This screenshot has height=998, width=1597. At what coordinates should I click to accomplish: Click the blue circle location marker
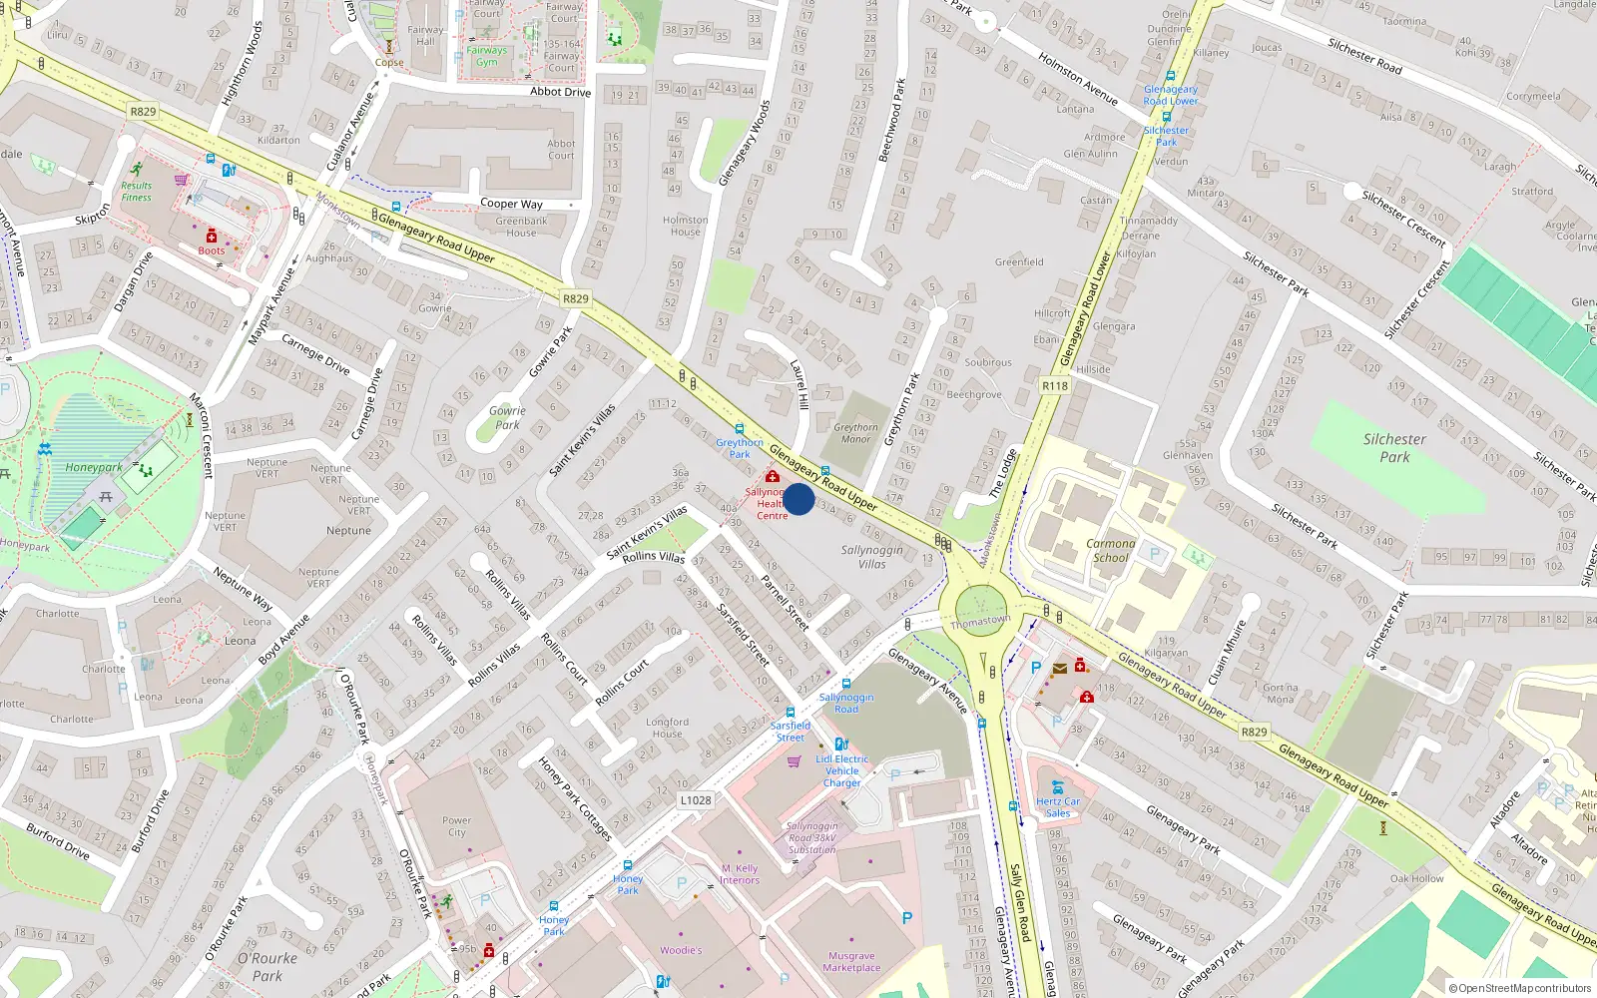point(798,499)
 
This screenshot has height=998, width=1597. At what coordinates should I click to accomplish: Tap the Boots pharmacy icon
point(211,236)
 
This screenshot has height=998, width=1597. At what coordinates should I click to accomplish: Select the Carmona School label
point(1111,551)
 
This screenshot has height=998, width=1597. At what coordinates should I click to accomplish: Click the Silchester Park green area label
point(1394,448)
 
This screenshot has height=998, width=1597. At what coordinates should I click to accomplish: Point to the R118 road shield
point(1055,386)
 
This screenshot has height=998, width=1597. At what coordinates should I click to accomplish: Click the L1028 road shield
point(696,800)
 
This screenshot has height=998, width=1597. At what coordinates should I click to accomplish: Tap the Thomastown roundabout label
point(980,621)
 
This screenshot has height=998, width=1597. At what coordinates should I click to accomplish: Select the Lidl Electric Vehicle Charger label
point(842,770)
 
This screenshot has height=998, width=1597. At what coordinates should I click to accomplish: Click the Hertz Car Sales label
point(1058,807)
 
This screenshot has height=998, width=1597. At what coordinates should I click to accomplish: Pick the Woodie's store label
point(681,950)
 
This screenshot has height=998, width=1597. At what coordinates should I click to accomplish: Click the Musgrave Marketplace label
point(851,961)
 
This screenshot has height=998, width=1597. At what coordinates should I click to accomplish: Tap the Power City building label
point(456,826)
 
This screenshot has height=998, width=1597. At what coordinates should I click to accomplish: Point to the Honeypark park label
point(94,467)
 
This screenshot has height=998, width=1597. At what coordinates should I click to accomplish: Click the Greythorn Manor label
point(855,433)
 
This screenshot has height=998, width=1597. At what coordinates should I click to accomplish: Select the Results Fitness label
point(137,192)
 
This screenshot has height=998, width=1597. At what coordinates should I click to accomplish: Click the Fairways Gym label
point(486,56)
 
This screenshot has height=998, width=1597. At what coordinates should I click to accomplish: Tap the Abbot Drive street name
point(560,92)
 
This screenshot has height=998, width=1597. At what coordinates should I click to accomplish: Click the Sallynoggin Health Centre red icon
point(772,476)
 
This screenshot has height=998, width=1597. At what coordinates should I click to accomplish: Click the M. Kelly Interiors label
point(740,874)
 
